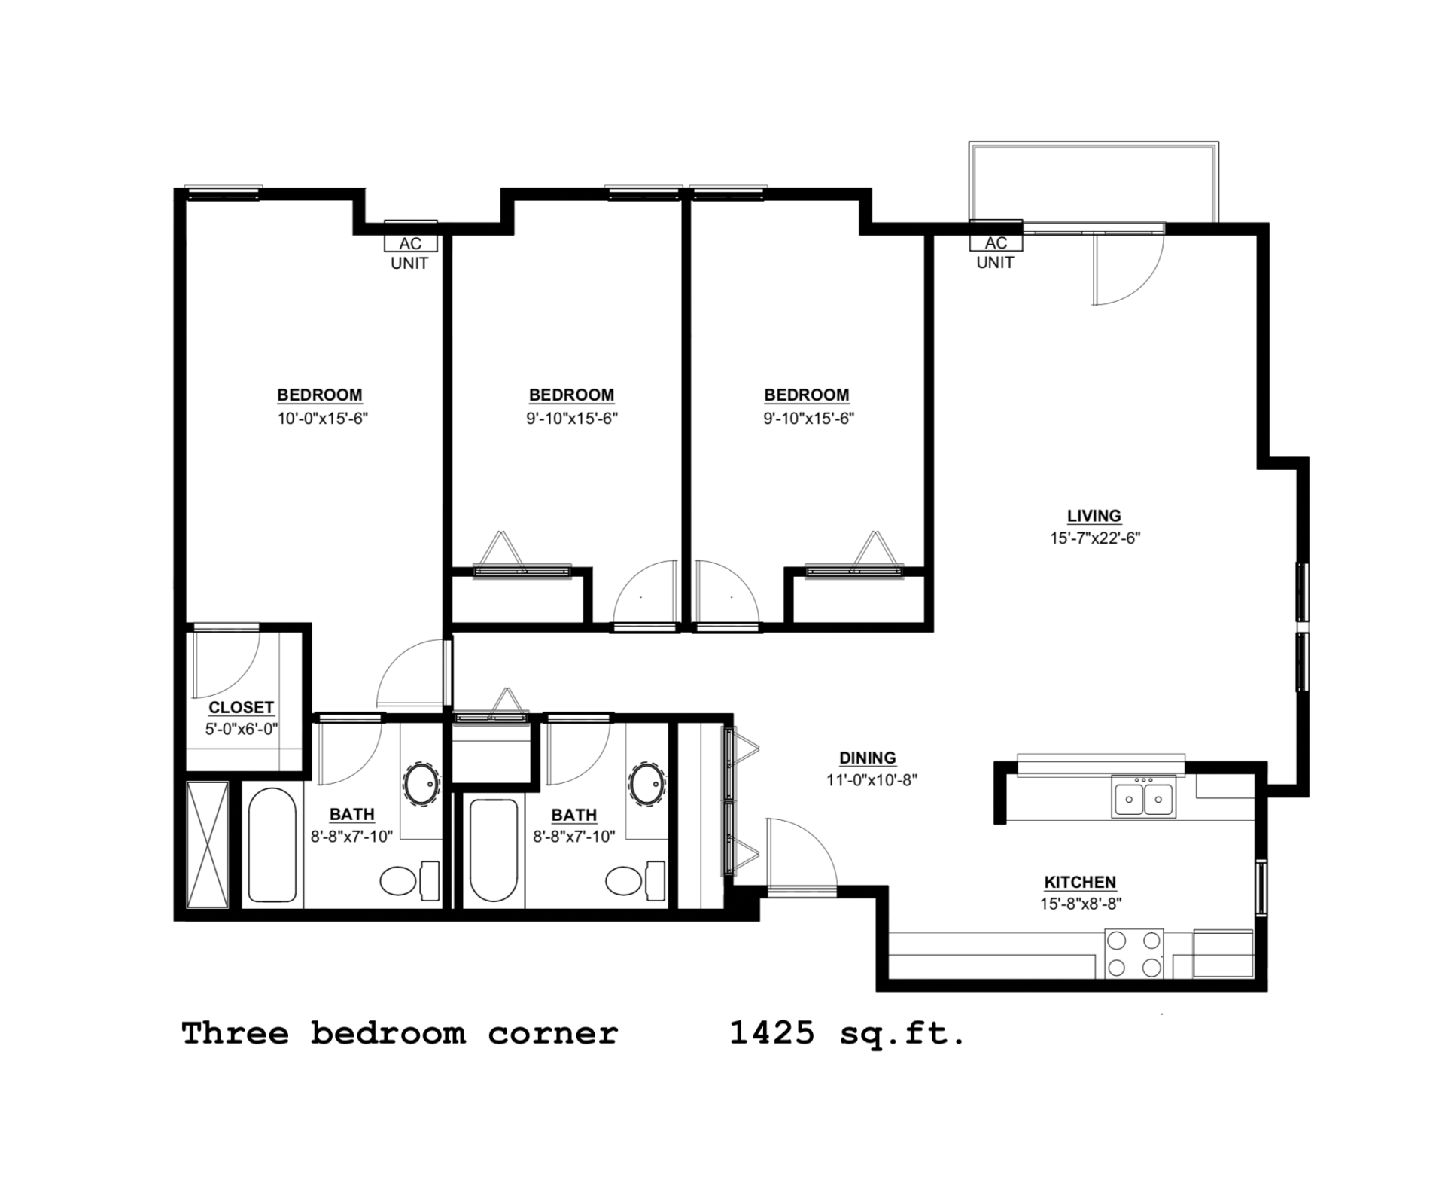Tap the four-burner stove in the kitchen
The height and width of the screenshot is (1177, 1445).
(1133, 953)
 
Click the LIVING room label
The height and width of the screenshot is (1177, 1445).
(1094, 516)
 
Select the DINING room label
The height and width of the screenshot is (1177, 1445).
(868, 758)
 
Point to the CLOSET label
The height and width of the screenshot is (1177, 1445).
(241, 707)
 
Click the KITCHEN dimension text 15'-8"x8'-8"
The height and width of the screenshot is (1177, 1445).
(1081, 904)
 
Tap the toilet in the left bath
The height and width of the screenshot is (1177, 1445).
(398, 880)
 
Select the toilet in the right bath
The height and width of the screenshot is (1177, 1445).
(624, 880)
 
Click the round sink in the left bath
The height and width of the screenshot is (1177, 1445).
(421, 785)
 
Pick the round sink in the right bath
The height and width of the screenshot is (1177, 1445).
(646, 785)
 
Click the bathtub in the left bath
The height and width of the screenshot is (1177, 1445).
(272, 844)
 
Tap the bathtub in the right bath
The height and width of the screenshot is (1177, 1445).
(493, 849)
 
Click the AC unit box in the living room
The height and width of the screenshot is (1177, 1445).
(996, 242)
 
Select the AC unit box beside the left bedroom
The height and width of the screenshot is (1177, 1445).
(410, 243)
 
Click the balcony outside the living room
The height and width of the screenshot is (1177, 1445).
(1093, 182)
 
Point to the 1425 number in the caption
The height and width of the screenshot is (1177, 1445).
(772, 1033)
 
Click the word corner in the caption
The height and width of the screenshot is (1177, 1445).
(552, 1033)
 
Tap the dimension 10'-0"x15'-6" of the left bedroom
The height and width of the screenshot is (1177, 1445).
(322, 419)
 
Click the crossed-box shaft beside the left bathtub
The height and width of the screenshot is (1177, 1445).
(207, 846)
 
